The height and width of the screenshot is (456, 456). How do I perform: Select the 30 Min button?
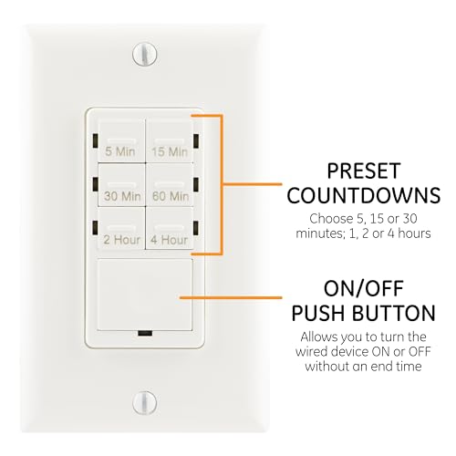(122, 188)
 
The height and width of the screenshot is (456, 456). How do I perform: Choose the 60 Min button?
(171, 188)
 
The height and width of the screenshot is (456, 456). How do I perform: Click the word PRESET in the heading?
(350, 171)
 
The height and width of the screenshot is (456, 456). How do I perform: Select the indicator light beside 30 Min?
(94, 184)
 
